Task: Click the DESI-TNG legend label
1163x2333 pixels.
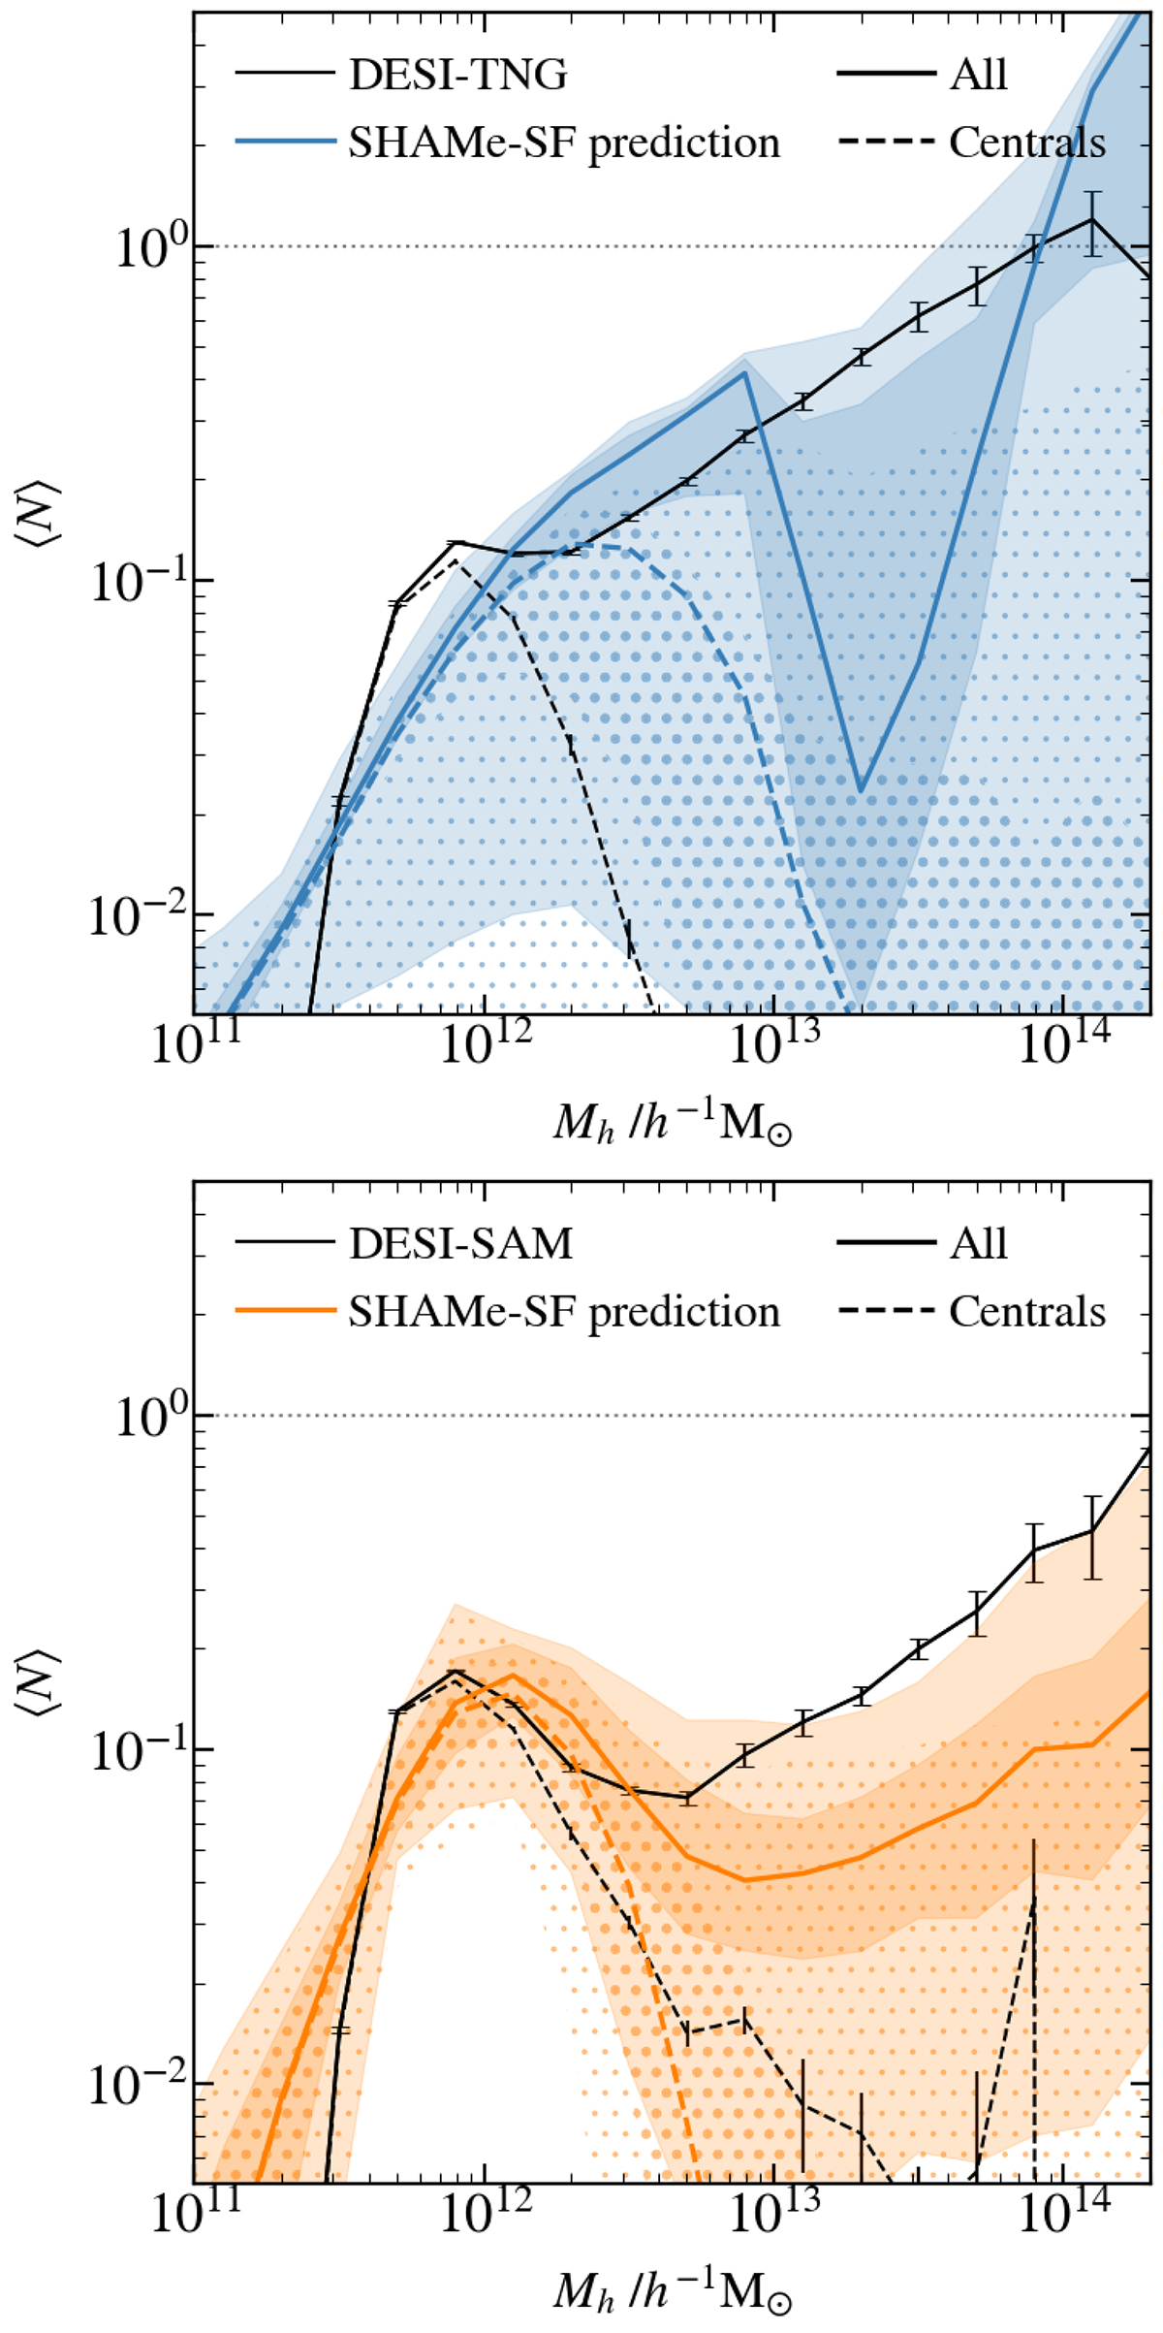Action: pyautogui.click(x=457, y=75)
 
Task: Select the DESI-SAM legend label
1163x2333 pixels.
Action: pyautogui.click(x=460, y=1243)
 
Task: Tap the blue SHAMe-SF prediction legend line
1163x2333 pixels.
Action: pyautogui.click(x=285, y=143)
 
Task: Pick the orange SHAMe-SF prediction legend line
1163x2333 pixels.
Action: pyautogui.click(x=285, y=1312)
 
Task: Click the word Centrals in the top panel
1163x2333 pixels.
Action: pyautogui.click(x=1027, y=143)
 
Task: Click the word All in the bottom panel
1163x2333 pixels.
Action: pyautogui.click(x=978, y=1243)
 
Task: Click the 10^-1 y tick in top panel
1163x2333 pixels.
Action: pyautogui.click(x=134, y=582)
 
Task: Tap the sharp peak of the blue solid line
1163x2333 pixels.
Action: pyautogui.click(x=743, y=372)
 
